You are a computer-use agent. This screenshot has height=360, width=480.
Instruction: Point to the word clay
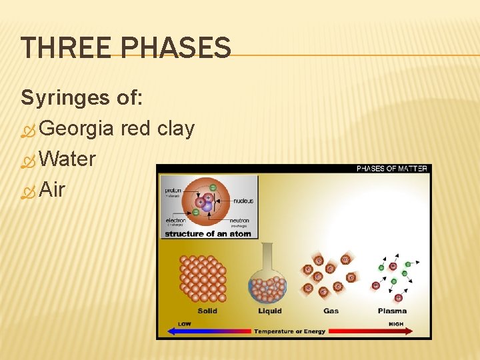(175, 128)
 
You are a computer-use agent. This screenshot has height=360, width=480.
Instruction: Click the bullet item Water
(67, 159)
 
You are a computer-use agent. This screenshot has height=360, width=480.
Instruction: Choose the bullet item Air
(52, 190)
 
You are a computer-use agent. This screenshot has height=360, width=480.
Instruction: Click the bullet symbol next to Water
(27, 160)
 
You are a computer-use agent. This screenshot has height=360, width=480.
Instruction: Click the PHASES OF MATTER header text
(391, 169)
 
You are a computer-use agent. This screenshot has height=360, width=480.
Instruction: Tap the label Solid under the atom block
(207, 311)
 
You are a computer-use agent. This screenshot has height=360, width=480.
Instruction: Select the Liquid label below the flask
(269, 311)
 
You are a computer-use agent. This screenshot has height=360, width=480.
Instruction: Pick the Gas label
(331, 311)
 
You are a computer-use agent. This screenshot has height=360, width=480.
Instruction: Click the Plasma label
(392, 311)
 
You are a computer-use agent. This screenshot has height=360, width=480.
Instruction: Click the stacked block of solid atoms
(203, 279)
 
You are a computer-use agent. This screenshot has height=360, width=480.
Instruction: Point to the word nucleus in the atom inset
(243, 200)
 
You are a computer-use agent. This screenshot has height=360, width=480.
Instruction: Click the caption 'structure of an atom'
(208, 234)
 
